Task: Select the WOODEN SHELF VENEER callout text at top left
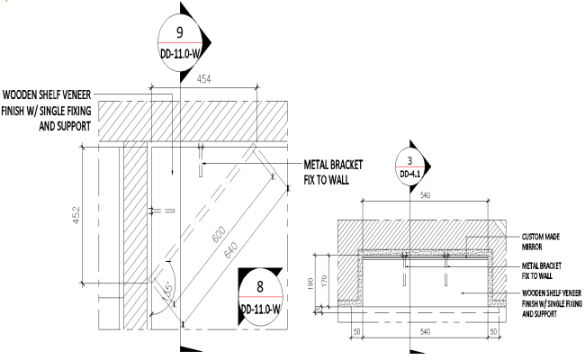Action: (x=49, y=110)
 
